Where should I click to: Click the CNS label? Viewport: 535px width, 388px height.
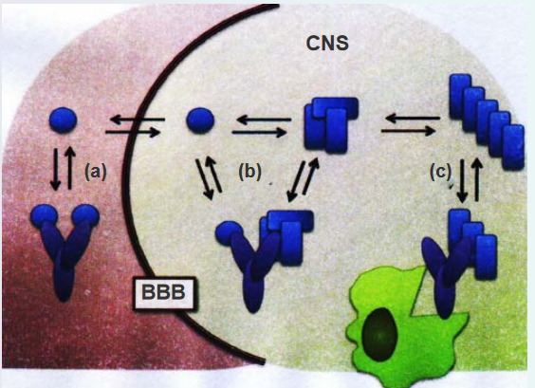coord(327,44)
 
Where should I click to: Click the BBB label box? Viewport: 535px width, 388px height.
coord(163,293)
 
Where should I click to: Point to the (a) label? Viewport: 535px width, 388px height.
coord(96,172)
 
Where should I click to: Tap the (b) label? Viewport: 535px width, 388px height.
coord(249,172)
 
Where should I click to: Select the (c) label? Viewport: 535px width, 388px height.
coord(440,172)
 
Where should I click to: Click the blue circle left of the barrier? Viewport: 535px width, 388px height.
coord(64,120)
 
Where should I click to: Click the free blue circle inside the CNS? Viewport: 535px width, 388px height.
coord(200,120)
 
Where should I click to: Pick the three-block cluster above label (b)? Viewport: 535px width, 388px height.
coord(331,125)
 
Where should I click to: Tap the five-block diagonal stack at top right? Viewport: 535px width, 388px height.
coord(487,121)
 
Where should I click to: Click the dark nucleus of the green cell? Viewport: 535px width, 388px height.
coord(379,334)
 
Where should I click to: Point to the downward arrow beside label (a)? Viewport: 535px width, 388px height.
coord(55,169)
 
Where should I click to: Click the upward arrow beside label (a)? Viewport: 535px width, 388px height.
coord(70,168)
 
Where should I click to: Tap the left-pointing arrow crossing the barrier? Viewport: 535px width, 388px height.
coord(138,120)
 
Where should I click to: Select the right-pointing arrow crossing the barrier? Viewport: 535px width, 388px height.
coord(133,132)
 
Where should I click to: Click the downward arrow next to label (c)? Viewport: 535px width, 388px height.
coord(462,180)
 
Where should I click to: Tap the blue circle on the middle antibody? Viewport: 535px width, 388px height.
coord(229,233)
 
